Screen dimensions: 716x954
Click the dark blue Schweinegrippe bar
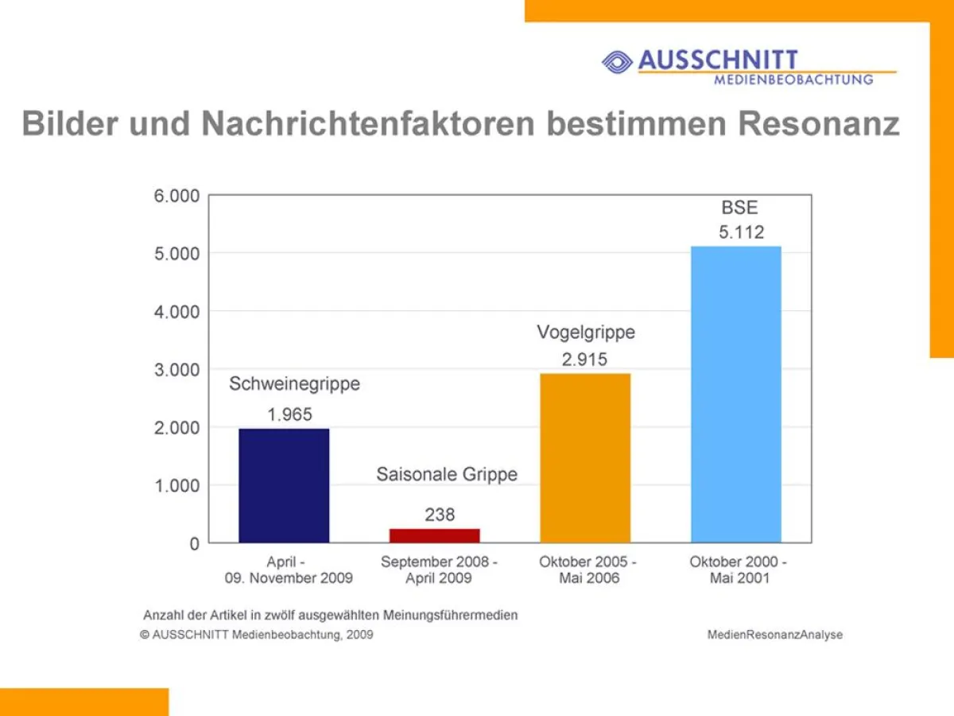coord(284,485)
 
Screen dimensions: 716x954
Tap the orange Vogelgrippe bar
coord(585,458)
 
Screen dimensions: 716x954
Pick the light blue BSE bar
coord(736,395)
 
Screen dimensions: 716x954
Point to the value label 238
coord(440,515)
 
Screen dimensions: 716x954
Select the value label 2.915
coord(584,359)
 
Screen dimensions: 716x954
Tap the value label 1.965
coord(289,414)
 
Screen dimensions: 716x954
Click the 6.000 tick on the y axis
coord(176,196)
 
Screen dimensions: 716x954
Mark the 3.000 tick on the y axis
coord(176,370)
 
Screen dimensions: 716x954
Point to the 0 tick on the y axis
coord(193,544)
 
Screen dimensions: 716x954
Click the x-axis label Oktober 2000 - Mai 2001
coord(739,570)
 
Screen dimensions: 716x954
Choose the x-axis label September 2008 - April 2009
coord(439,570)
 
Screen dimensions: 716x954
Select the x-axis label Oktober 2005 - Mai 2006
coord(588,570)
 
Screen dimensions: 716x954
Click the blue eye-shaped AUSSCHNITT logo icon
coord(617,61)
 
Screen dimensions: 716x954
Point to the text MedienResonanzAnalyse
coord(774,635)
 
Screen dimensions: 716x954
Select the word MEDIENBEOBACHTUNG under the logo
coord(793,80)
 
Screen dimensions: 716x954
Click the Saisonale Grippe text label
coord(447,475)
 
